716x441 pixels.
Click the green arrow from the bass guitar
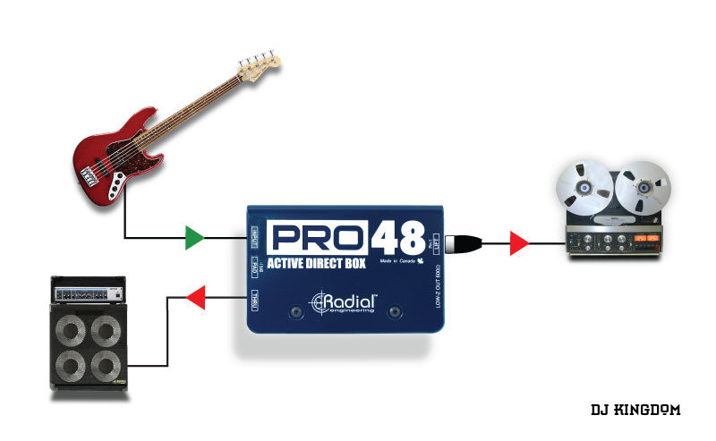(192, 238)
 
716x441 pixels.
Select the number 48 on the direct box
(399, 237)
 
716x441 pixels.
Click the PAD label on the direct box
(254, 267)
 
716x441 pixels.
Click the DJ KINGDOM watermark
(635, 410)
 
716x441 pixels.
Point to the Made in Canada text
(399, 262)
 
